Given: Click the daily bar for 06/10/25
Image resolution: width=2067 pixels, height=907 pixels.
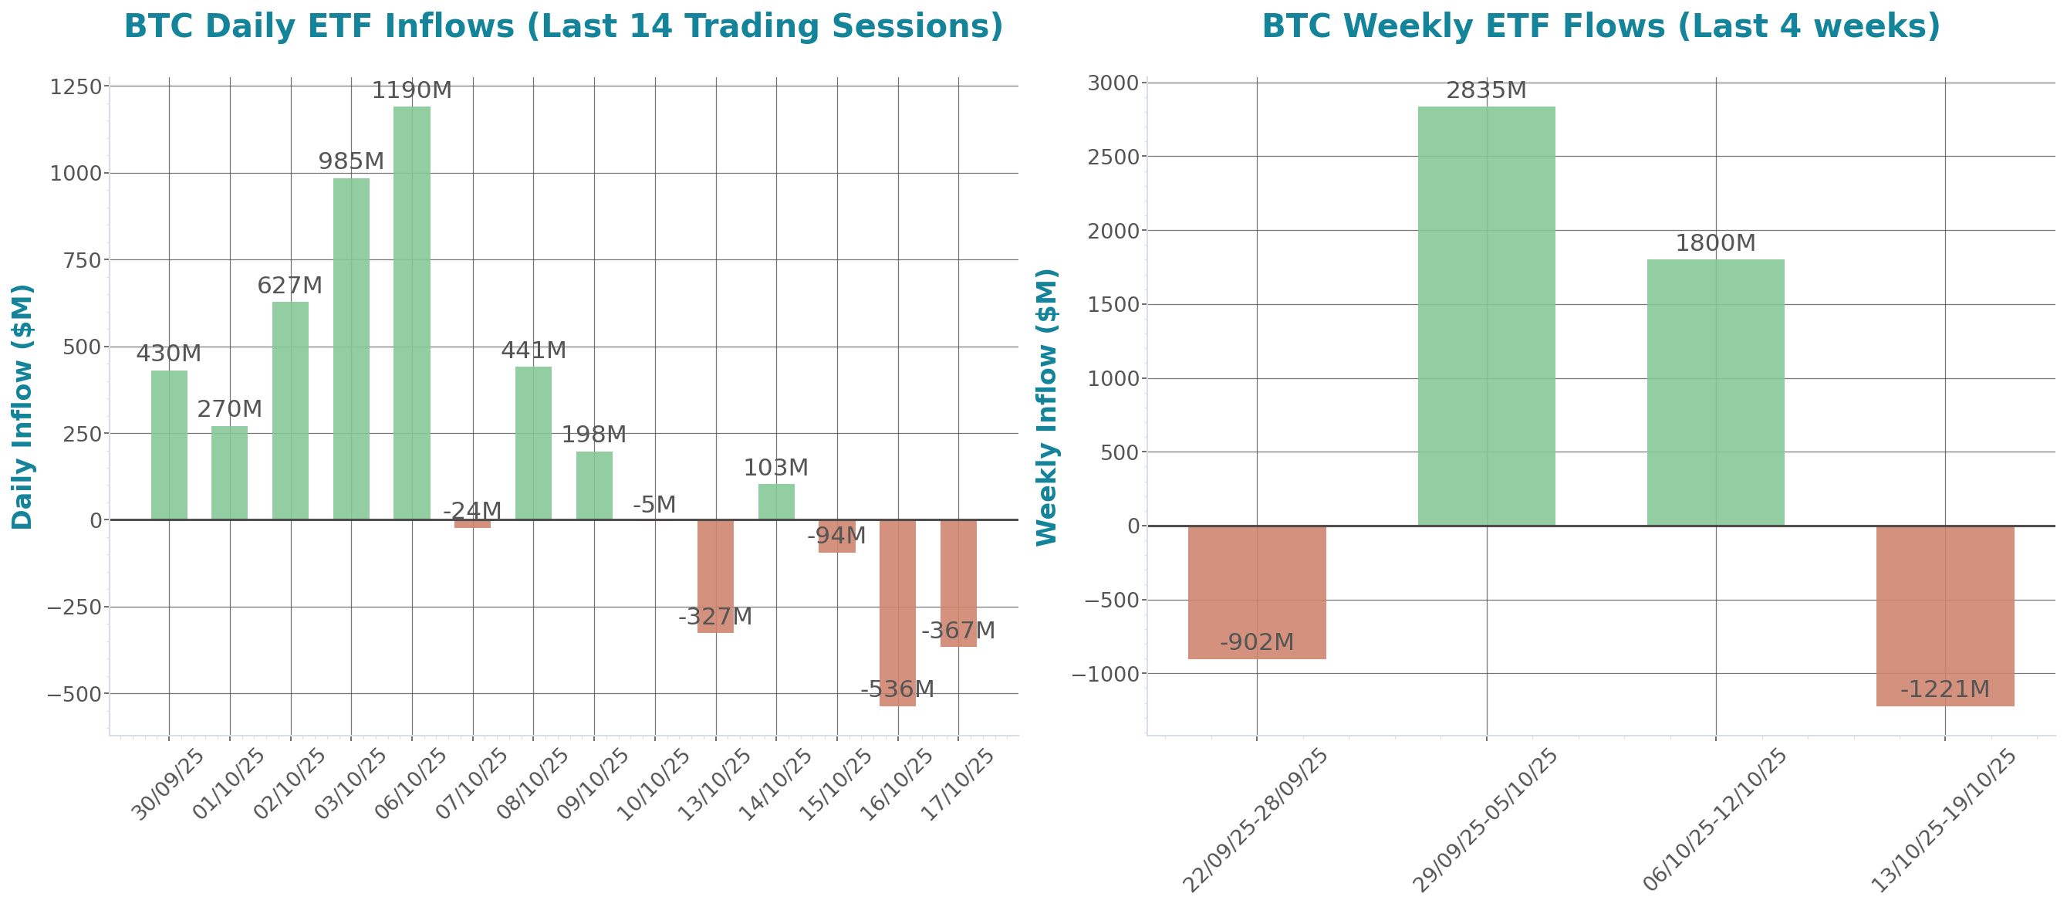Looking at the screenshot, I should pyautogui.click(x=412, y=313).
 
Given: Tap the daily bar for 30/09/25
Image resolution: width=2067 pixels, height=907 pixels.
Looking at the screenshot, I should pyautogui.click(x=169, y=445).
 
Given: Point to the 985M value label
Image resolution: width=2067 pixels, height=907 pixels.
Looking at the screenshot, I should pyautogui.click(x=350, y=161).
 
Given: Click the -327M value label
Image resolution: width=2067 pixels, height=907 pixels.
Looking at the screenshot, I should pyautogui.click(x=715, y=618).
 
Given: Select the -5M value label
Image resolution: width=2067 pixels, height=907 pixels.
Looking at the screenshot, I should pyautogui.click(x=654, y=505).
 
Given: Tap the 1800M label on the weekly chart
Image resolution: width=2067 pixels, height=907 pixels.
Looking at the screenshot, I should pyautogui.click(x=1715, y=243).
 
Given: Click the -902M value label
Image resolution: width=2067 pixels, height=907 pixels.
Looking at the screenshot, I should pyautogui.click(x=1257, y=642).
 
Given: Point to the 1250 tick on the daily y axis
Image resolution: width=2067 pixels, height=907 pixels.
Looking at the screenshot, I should pyautogui.click(x=76, y=86).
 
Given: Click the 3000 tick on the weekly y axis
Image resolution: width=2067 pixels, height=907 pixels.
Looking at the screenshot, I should pyautogui.click(x=1113, y=83).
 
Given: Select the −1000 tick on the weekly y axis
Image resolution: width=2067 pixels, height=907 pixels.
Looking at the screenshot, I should pyautogui.click(x=1106, y=674).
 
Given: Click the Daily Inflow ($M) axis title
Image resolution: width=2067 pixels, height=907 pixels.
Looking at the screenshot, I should pyautogui.click(x=22, y=406).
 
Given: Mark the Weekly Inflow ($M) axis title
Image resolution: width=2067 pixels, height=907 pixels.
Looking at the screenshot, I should pyautogui.click(x=1047, y=406).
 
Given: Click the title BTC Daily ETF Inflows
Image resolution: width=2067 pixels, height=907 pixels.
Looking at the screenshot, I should pyautogui.click(x=563, y=25).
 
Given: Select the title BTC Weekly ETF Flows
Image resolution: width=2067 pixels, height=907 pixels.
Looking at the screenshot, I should pyautogui.click(x=1601, y=25).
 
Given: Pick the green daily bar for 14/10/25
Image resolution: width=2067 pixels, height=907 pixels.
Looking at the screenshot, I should pyautogui.click(x=776, y=502).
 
